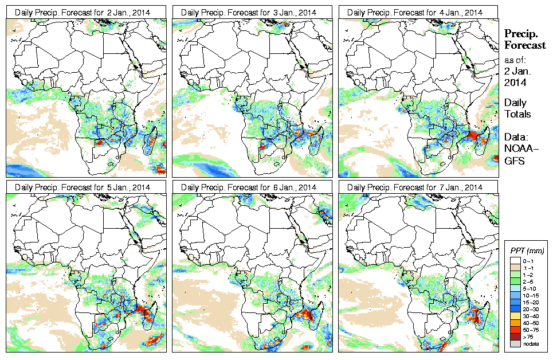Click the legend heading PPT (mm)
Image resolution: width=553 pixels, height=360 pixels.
tap(527, 251)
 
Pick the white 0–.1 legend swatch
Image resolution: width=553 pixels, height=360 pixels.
tap(515, 261)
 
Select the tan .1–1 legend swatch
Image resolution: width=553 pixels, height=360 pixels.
tap(515, 268)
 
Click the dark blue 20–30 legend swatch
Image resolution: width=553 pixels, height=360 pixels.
tap(515, 308)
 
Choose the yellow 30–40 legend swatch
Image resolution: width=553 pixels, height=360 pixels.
tap(515, 315)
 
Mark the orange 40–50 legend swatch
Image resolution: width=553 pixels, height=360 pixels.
tap(515, 322)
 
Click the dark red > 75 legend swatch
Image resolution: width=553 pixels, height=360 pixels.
tap(515, 336)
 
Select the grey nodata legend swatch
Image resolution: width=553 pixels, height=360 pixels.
tap(515, 343)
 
